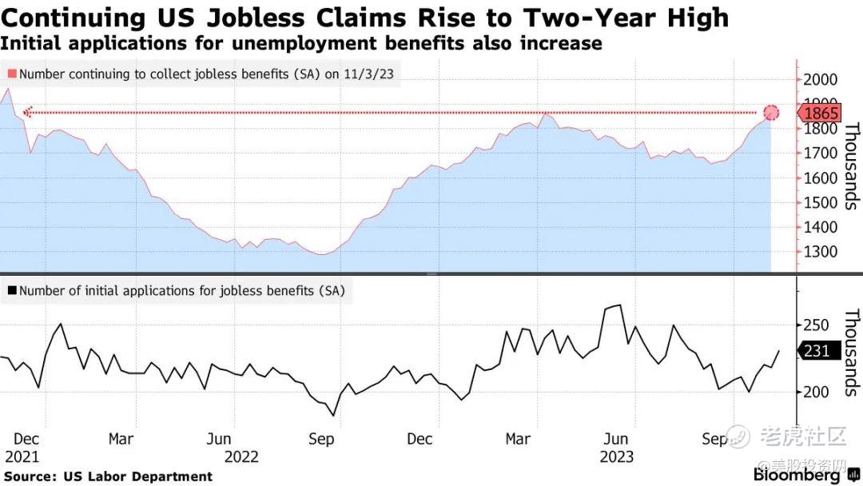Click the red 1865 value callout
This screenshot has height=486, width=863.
(x=821, y=113)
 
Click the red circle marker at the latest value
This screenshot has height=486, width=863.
(x=771, y=113)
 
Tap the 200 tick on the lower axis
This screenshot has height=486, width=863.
(x=818, y=392)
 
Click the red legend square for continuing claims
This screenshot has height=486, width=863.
(x=11, y=74)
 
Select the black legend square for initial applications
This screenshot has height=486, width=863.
(x=11, y=291)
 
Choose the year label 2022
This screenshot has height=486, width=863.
(x=241, y=456)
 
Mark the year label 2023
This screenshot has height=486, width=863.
(x=616, y=456)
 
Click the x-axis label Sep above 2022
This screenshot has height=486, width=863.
(x=321, y=439)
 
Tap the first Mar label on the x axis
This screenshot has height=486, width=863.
(x=121, y=439)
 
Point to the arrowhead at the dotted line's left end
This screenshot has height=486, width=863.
(x=27, y=113)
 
